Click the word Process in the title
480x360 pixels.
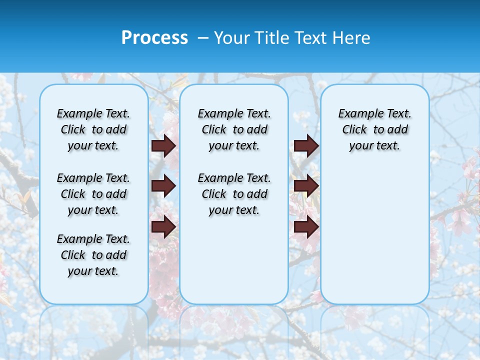pyautogui.click(x=154, y=37)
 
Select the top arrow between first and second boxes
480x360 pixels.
pyautogui.click(x=163, y=146)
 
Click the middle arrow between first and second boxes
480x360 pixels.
pyautogui.click(x=163, y=186)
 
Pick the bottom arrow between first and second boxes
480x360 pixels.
pyautogui.click(x=163, y=227)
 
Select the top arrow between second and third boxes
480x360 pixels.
pyautogui.click(x=306, y=146)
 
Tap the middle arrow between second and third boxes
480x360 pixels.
pyautogui.click(x=306, y=186)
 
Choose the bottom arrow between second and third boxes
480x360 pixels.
pyautogui.click(x=306, y=227)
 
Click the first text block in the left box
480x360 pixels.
pyautogui.click(x=93, y=129)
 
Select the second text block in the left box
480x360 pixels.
pyautogui.click(x=93, y=194)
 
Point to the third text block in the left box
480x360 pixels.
pyautogui.click(x=93, y=255)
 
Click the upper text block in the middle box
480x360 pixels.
pyautogui.click(x=234, y=129)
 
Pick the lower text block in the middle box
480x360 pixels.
pyautogui.click(x=234, y=194)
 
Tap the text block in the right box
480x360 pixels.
pyautogui.click(x=374, y=129)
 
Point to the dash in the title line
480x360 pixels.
pyautogui.click(x=203, y=38)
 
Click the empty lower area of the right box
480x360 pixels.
pyautogui.click(x=374, y=230)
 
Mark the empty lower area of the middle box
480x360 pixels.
pyautogui.click(x=234, y=260)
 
